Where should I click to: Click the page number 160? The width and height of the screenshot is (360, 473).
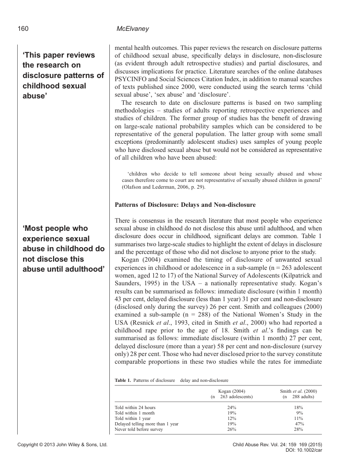pos(23,29)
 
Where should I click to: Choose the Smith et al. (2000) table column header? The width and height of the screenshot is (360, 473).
pos(298,391)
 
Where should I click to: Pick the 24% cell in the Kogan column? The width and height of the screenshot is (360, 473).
pos(231,408)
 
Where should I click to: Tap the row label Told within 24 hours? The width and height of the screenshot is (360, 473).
pos(135,408)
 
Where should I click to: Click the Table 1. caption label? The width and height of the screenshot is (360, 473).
pos(123,380)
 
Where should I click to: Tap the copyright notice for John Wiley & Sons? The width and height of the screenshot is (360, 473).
pos(62,445)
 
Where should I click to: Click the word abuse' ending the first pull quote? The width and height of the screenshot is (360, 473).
pos(36,96)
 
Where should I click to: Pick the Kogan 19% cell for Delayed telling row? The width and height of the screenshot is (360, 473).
pos(231,424)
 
